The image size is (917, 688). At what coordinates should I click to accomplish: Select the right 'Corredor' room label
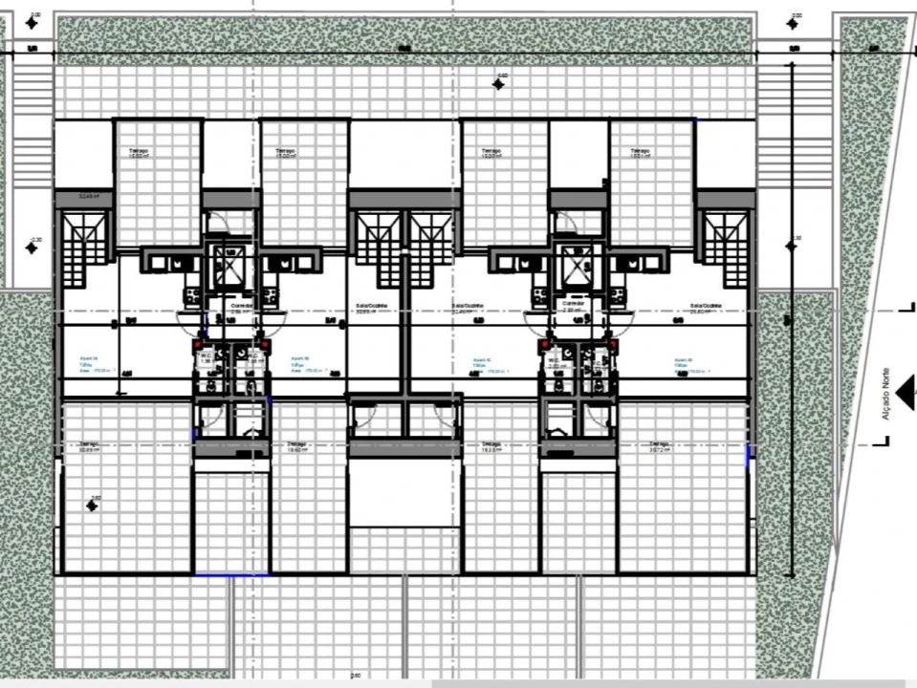pyautogui.click(x=573, y=308)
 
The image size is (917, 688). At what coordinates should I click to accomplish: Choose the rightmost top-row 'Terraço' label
pyautogui.click(x=641, y=153)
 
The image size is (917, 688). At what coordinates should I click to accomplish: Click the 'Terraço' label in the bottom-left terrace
pyautogui.click(x=90, y=447)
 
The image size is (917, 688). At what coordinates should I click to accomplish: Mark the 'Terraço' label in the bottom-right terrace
pyautogui.click(x=658, y=447)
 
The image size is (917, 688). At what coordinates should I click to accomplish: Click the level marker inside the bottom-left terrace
pyautogui.click(x=92, y=504)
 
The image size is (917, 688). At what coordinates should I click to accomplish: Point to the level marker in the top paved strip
pyautogui.click(x=498, y=82)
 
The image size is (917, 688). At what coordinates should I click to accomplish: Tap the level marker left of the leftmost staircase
pyautogui.click(x=33, y=247)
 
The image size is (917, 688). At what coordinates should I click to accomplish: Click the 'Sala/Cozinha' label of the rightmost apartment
pyautogui.click(x=705, y=308)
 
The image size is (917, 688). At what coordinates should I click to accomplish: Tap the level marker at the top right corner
pyautogui.click(x=794, y=21)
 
